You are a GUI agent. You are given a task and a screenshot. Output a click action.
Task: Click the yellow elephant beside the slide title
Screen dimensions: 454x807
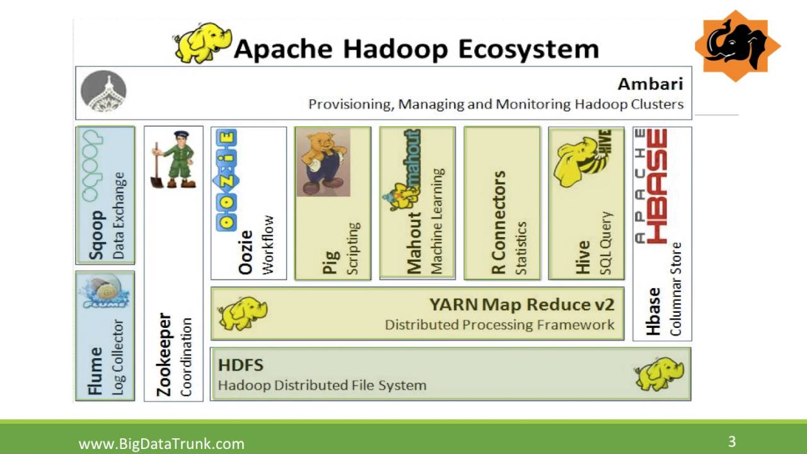tap(201, 42)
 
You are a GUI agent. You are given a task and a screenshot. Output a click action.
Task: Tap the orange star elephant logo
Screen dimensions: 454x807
tap(736, 46)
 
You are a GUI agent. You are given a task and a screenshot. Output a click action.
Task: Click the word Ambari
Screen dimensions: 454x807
tap(650, 84)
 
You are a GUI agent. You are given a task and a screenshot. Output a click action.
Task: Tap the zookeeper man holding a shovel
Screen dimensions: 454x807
tap(172, 159)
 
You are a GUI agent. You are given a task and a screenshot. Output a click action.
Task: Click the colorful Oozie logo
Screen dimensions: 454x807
tap(226, 179)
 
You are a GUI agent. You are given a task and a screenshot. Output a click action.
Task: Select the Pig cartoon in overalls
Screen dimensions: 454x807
tap(323, 163)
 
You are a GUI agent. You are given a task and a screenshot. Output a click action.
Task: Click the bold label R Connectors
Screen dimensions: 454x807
tap(499, 222)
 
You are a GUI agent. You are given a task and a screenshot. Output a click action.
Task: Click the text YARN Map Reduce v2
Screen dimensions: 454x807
tap(521, 305)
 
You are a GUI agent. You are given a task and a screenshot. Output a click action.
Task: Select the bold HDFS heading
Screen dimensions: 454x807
tap(240, 364)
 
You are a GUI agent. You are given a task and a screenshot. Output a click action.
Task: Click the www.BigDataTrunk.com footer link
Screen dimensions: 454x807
tap(161, 443)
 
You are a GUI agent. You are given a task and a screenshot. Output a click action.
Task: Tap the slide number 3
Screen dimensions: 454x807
tap(732, 441)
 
